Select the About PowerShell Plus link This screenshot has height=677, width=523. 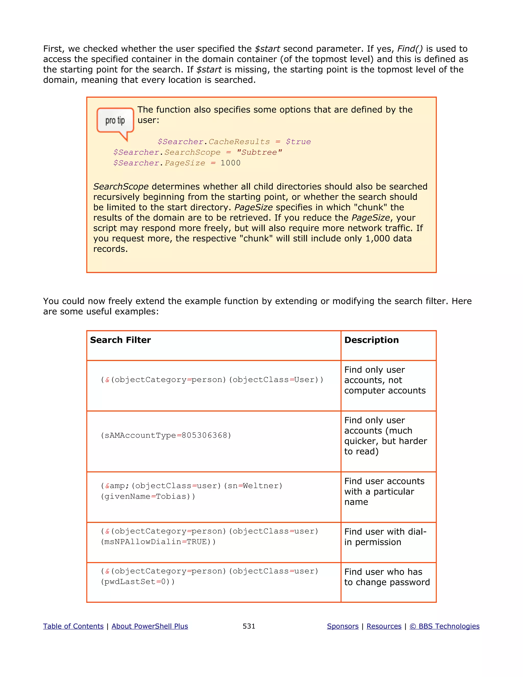point(150,626)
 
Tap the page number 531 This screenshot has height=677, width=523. point(249,626)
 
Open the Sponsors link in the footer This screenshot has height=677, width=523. point(342,626)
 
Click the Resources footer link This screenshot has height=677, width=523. point(384,626)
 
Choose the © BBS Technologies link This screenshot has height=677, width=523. point(444,626)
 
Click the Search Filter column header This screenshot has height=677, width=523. point(120,340)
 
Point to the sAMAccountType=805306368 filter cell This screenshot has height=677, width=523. point(166,435)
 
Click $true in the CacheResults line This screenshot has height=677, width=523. point(298,142)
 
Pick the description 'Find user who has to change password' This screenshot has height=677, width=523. point(387,577)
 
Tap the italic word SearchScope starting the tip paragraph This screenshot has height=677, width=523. point(121,186)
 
